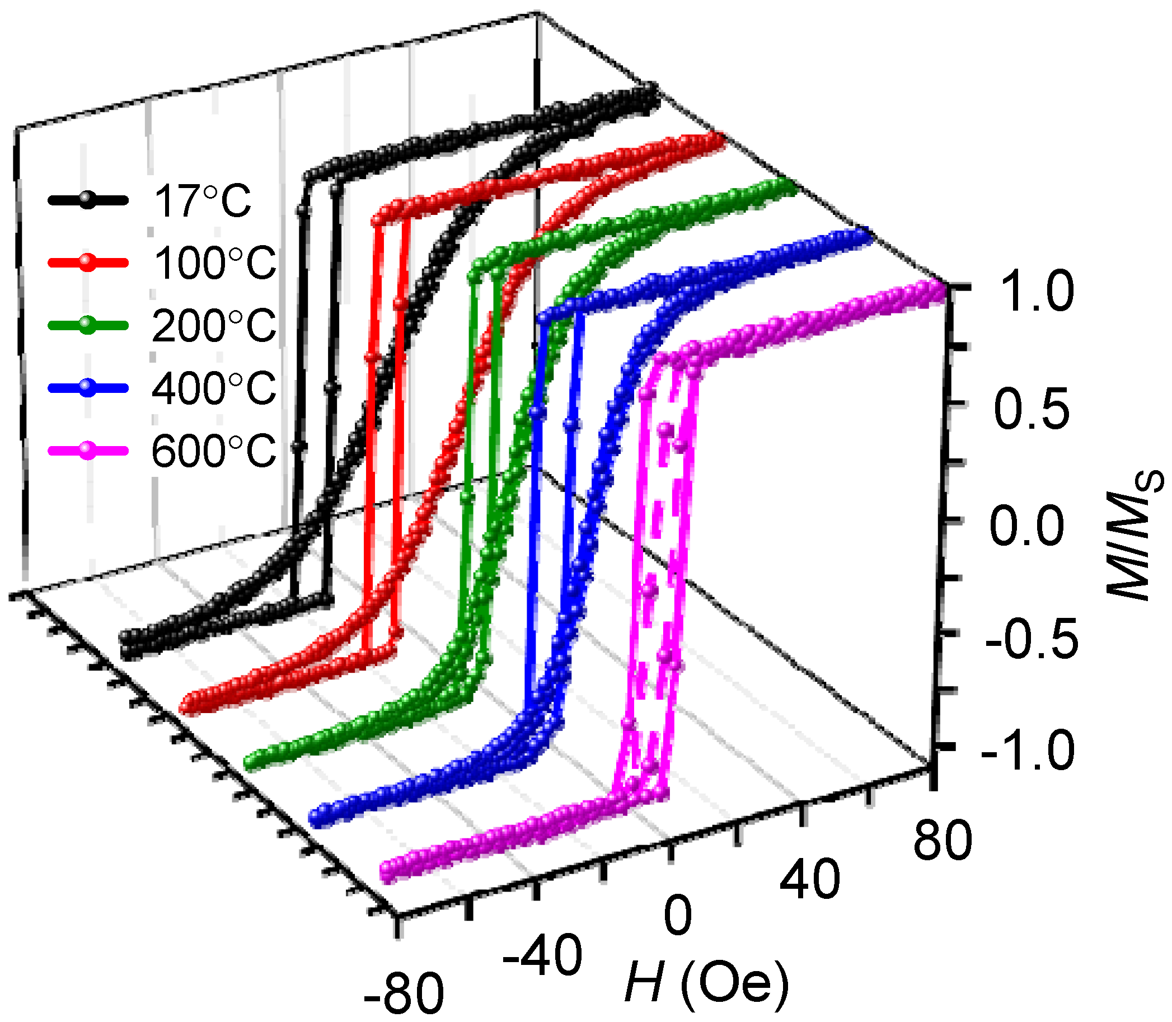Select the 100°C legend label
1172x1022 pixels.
pos(214,263)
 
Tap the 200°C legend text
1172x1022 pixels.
pos(214,325)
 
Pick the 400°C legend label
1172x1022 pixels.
pos(214,388)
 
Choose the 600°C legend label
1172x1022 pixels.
pos(214,451)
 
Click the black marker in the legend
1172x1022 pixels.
pos(87,200)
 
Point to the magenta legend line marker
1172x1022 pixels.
pos(87,449)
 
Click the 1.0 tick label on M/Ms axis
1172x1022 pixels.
pos(1037,292)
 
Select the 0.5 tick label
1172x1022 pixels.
pos(1031,409)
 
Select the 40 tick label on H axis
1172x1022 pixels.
pos(810,880)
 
